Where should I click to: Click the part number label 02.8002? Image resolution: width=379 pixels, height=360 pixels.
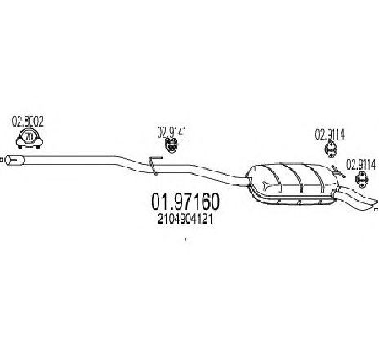[x=28, y=122]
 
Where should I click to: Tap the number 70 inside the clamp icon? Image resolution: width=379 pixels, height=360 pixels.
[x=29, y=137]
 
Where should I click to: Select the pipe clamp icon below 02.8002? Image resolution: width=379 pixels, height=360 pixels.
[x=29, y=139]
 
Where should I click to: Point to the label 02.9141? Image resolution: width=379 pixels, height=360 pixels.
[x=172, y=132]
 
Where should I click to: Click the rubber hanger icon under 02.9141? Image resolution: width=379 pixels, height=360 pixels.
[x=172, y=145]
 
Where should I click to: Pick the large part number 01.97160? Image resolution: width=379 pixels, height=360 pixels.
[x=185, y=202]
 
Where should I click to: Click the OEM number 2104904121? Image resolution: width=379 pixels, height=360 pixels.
[x=185, y=219]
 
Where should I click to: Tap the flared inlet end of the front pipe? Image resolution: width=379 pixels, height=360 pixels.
[x=15, y=160]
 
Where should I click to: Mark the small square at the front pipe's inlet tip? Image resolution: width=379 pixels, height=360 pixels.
[x=2, y=159]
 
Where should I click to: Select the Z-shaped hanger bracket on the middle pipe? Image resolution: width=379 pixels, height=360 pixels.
[x=154, y=164]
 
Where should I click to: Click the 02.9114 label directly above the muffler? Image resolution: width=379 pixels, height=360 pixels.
[x=330, y=135]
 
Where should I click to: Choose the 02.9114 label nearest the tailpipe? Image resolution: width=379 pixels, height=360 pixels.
[x=361, y=165]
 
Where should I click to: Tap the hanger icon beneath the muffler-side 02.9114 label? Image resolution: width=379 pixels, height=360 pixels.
[x=331, y=149]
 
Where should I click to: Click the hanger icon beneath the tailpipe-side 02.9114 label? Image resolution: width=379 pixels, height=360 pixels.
[x=363, y=180]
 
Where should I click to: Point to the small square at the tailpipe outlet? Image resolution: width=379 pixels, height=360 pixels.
[x=377, y=210]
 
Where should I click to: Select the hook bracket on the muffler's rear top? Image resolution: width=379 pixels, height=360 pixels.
[x=338, y=171]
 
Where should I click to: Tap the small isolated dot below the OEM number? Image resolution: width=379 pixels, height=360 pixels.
[x=185, y=240]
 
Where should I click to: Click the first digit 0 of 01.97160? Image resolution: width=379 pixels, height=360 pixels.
[x=157, y=202]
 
